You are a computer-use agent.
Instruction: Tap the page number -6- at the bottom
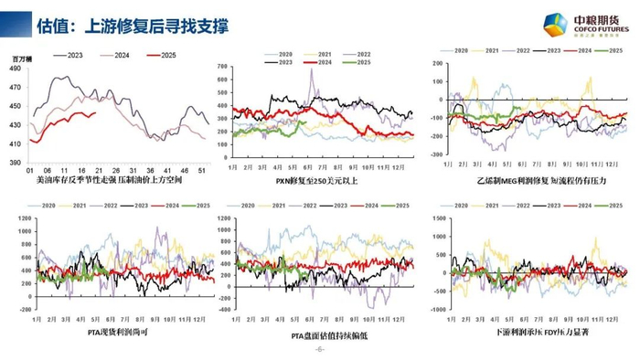tap(319, 350)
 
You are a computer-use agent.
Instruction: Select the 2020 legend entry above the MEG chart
tap(453, 51)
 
